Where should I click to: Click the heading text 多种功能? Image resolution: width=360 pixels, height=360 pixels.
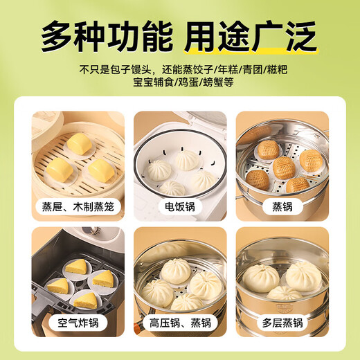(106, 35)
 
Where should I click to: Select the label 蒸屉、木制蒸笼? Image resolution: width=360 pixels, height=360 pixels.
(78, 206)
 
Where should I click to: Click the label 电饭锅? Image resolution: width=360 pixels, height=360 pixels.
(179, 206)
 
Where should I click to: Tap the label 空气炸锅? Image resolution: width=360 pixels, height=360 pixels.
(78, 322)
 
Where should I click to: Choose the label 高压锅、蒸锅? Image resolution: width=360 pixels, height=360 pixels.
(179, 322)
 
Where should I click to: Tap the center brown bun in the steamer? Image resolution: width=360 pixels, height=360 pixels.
(282, 166)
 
